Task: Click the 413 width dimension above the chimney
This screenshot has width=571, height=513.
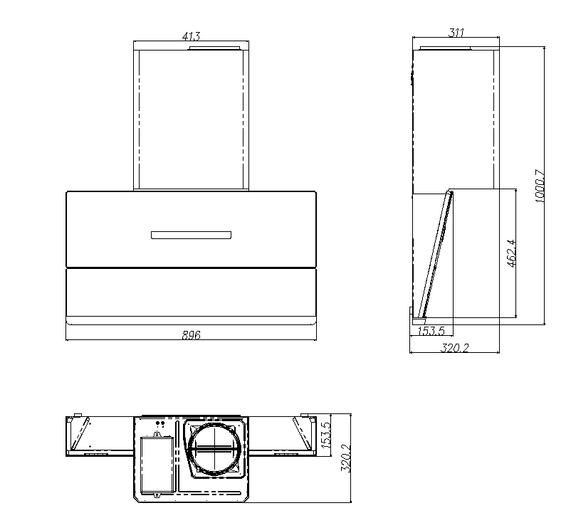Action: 190,36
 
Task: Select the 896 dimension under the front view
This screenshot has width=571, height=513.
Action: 190,335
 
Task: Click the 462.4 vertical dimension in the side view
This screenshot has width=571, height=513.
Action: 510,253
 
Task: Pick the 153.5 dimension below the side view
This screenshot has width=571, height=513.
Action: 430,331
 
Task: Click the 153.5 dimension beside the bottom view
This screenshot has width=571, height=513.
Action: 327,435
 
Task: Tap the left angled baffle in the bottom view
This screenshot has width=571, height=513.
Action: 83,434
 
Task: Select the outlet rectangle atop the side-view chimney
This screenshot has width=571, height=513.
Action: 446,48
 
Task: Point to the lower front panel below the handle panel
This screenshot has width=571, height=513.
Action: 190,292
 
